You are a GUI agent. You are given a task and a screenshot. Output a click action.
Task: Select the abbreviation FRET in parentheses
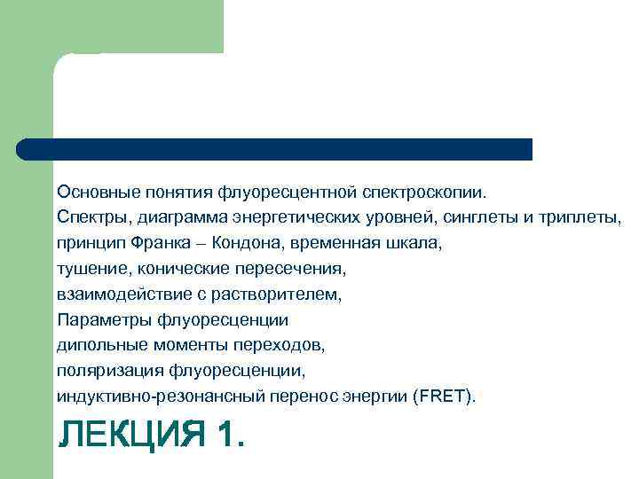click(x=441, y=397)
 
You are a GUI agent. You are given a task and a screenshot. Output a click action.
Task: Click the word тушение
click(x=89, y=268)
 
